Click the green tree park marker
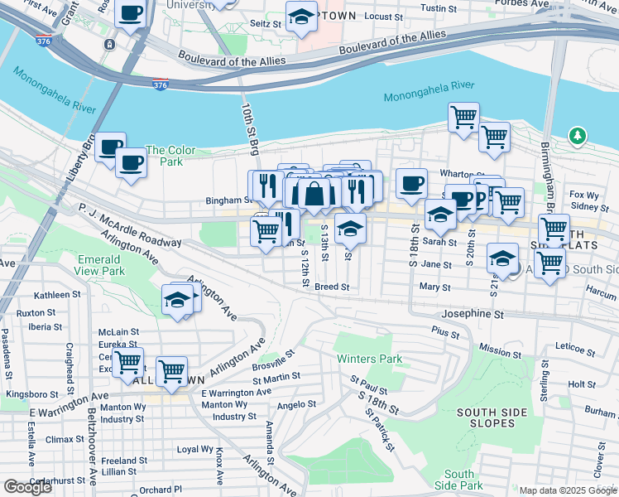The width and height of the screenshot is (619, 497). point(578,135)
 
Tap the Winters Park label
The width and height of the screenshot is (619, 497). point(369,359)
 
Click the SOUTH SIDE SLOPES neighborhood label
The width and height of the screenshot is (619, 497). point(487,418)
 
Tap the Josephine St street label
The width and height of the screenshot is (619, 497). point(473,315)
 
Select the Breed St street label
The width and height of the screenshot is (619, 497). point(333,287)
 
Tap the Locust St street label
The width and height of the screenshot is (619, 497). point(382,16)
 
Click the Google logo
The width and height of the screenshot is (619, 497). point(28,487)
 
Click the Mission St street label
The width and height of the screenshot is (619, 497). point(500,351)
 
